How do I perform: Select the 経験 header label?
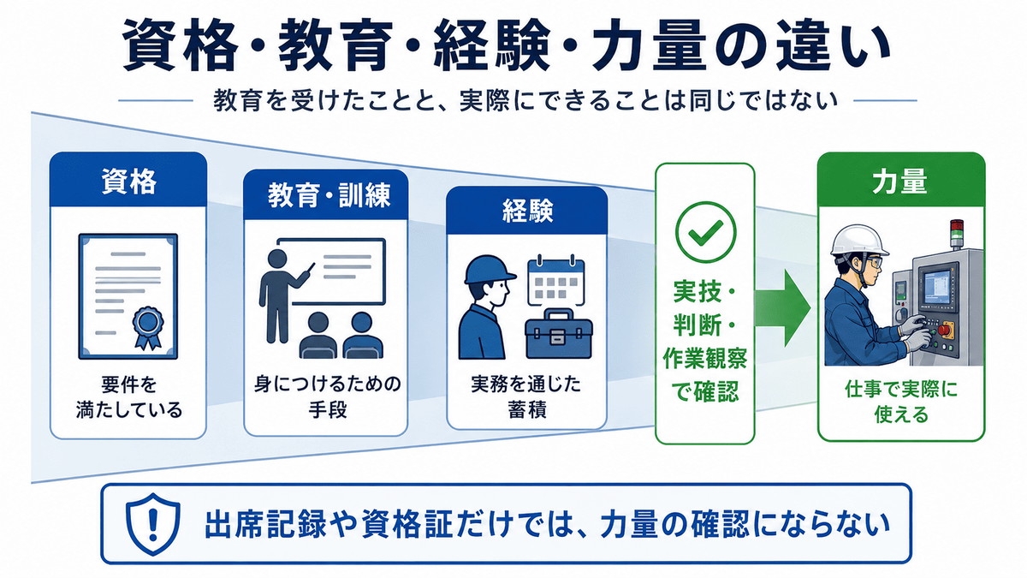527,211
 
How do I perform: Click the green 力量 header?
901,181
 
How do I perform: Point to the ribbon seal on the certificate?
147,326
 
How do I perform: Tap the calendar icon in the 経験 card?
556,280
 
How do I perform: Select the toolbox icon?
558,334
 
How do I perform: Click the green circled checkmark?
705,232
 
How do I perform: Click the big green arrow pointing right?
782,307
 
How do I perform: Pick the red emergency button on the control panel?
944,330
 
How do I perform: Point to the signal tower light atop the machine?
956,235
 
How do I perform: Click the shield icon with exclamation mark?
152,524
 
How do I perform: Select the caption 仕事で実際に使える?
901,402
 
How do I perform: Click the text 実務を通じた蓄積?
526,396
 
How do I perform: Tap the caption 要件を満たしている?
129,397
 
